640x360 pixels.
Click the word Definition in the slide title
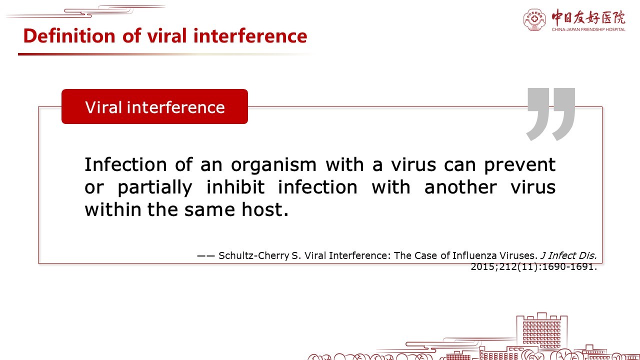pyautogui.click(x=69, y=36)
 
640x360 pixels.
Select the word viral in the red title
pyautogui.click(x=167, y=36)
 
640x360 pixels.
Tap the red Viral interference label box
pyautogui.click(x=154, y=106)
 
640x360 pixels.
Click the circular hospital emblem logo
pyautogui.click(x=534, y=19)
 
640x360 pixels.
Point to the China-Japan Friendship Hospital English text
pyautogui.click(x=588, y=29)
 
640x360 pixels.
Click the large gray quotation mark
pyautogui.click(x=551, y=114)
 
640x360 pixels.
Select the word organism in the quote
pyautogui.click(x=273, y=165)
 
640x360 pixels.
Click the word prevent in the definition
pyautogui.click(x=519, y=165)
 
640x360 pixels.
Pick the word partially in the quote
pyautogui.click(x=155, y=187)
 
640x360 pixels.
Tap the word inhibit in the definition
pyautogui.click(x=235, y=187)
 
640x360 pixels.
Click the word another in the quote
pyautogui.click(x=460, y=187)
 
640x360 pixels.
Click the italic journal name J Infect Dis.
pyautogui.click(x=568, y=255)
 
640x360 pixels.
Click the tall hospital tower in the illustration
pyautogui.click(x=541, y=333)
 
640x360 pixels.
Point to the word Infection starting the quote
pyautogui.click(x=125, y=165)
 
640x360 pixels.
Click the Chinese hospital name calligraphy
pyautogui.click(x=588, y=17)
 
